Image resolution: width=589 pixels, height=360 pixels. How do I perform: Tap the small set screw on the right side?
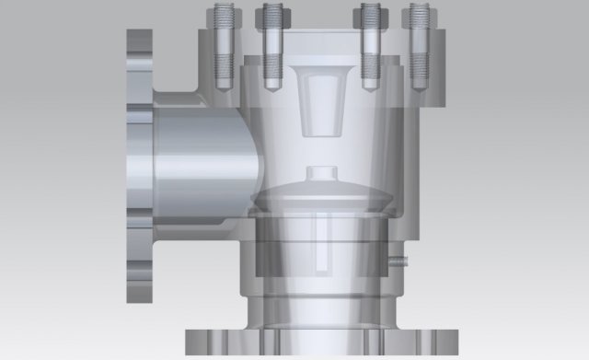[397, 261]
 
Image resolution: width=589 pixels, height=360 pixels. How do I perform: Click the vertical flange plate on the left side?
[139, 166]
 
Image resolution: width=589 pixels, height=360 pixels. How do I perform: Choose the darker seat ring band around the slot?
[276, 250]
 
